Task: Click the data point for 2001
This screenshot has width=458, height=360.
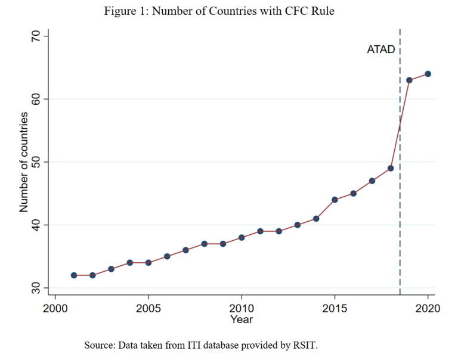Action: point(74,275)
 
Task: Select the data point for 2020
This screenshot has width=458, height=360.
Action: point(428,74)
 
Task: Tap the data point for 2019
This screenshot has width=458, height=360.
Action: point(409,80)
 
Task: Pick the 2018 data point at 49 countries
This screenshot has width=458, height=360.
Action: point(391,168)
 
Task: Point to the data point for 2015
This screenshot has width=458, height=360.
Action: point(335,200)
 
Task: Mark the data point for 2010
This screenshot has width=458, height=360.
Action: point(242,237)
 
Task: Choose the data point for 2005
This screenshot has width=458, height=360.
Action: point(148,262)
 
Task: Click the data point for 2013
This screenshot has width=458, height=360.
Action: point(298,225)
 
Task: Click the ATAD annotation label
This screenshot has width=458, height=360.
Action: point(381,49)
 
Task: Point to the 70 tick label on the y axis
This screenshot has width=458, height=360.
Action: point(36,36)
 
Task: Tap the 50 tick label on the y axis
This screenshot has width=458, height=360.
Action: point(36,162)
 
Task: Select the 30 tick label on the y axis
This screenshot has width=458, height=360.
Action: point(36,288)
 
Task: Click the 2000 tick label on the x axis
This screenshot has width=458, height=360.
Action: point(55,308)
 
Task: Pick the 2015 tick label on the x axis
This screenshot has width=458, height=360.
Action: point(335,308)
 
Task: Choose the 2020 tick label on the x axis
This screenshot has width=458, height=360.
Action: point(428,308)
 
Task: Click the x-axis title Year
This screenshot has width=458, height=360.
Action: point(242,319)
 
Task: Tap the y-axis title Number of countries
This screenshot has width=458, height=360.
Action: point(24,162)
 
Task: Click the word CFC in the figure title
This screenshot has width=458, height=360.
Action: point(296,11)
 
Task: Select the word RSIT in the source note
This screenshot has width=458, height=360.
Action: point(305,345)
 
